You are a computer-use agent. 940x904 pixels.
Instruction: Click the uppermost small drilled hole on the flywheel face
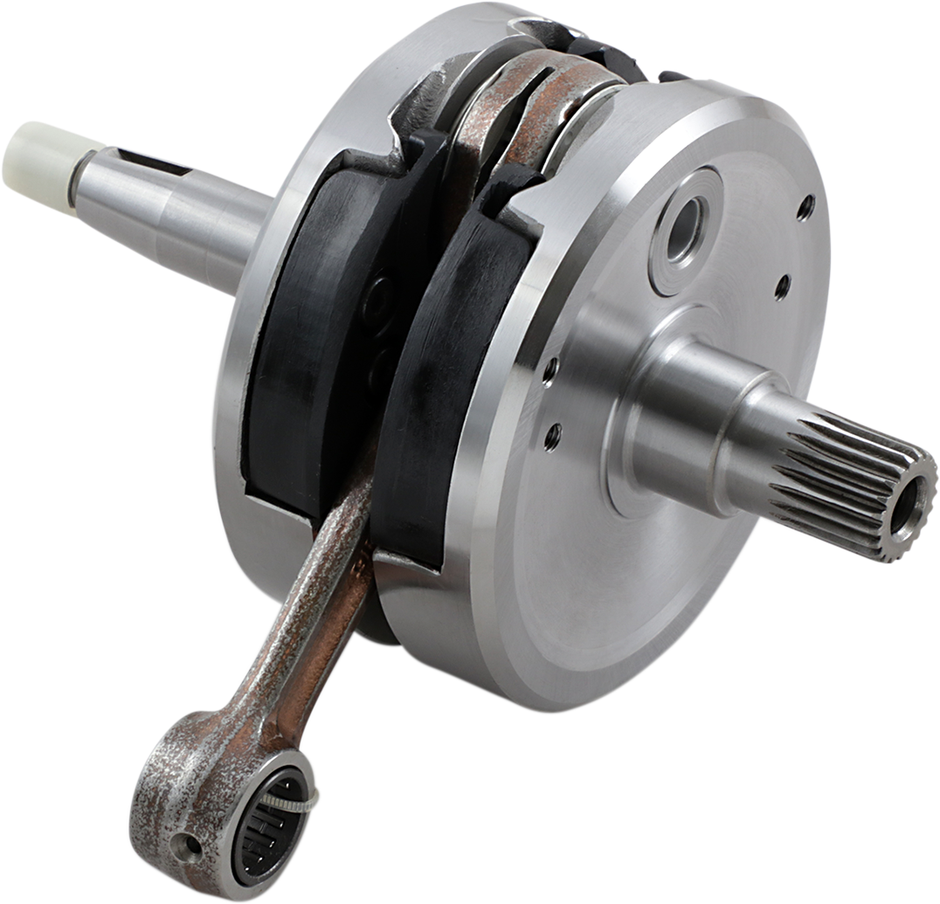tap(805, 207)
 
